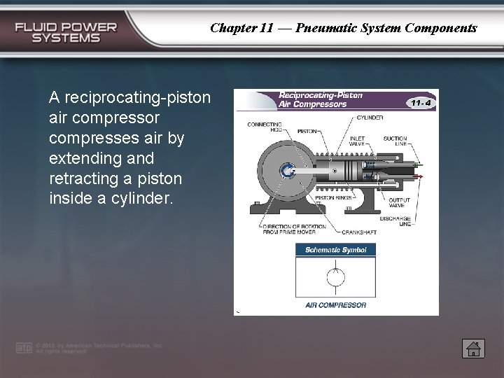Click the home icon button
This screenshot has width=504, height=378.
(473, 348)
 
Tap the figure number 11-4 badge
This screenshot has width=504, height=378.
(421, 102)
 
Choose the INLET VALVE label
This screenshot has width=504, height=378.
(357, 141)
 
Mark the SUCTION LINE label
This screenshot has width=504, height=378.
(395, 141)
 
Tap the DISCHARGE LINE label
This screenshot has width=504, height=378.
(395, 221)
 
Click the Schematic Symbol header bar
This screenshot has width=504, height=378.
(336, 250)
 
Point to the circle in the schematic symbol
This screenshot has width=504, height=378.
(336, 277)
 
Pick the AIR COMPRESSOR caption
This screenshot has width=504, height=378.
(336, 305)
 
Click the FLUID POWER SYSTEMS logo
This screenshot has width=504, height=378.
(66, 32)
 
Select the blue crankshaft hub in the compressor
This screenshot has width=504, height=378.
(286, 171)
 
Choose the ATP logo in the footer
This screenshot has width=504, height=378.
(24, 348)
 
